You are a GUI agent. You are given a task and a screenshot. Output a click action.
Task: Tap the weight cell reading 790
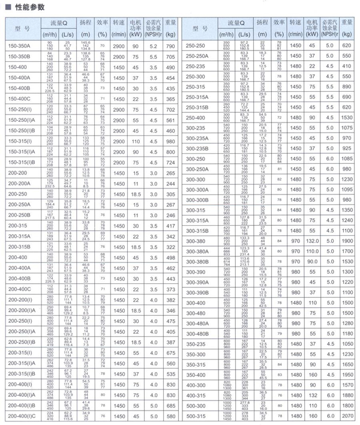click(170, 46)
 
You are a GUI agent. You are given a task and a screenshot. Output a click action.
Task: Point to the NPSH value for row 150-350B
click(154, 57)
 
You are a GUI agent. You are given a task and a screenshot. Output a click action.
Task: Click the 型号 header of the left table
click(22, 29)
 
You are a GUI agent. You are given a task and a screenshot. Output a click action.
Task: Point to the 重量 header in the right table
click(347, 29)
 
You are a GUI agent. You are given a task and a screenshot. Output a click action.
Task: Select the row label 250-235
click(197, 67)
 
